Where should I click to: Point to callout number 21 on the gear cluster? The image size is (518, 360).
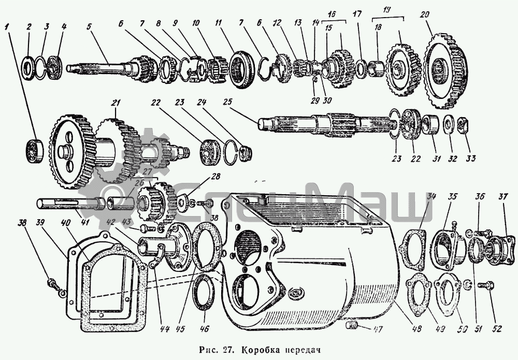pos(114,104)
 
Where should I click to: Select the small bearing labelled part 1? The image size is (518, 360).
pos(35,148)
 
